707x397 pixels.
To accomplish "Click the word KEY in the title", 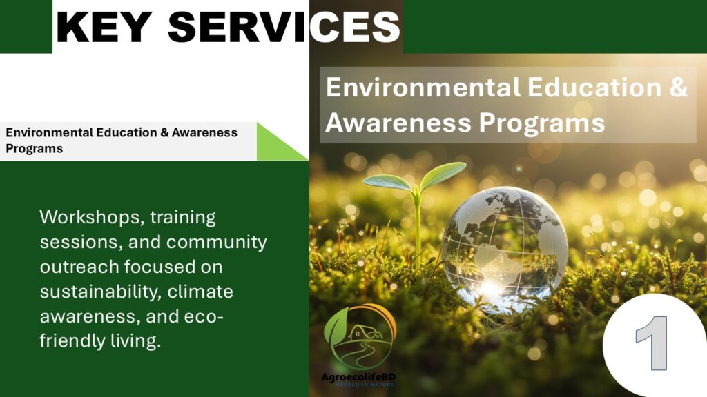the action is [104, 27].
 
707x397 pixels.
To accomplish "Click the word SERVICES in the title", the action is [284, 27].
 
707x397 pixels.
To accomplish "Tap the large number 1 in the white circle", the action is [652, 343].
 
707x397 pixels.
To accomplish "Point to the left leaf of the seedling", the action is [388, 182].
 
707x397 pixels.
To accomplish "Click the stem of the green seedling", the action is [418, 230].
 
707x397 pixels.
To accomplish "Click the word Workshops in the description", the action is [92, 217].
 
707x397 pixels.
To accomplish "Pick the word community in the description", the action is [216, 242].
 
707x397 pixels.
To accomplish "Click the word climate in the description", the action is [200, 292].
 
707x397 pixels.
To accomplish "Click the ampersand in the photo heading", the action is [679, 86].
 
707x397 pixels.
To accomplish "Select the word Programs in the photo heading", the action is [541, 123].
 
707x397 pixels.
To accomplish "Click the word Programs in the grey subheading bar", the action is [35, 149].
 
